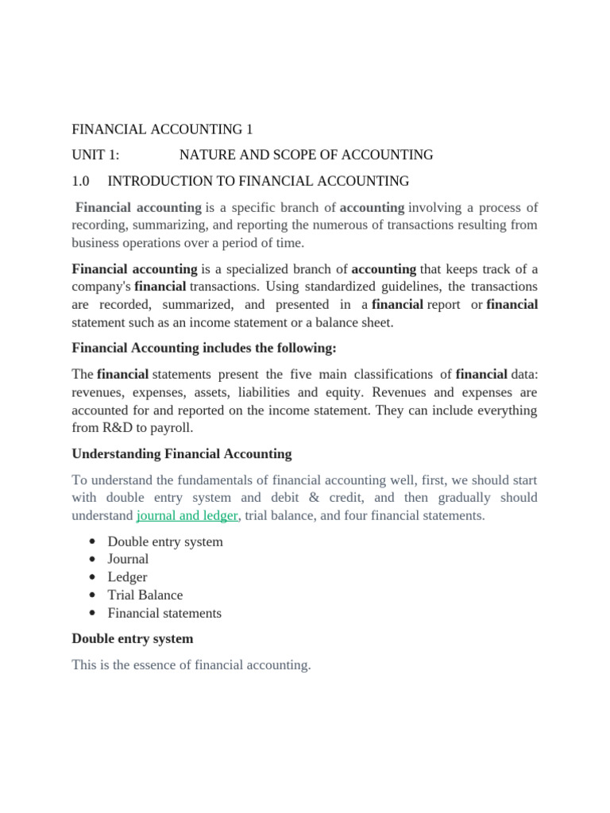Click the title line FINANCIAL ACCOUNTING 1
click(x=162, y=129)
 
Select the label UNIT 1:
click(x=95, y=155)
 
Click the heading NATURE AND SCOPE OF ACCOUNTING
click(x=306, y=155)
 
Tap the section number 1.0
click(x=82, y=181)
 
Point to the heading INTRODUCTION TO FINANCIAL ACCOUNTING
click(x=258, y=181)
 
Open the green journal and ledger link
click(x=187, y=515)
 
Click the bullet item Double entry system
click(x=165, y=541)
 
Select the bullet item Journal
click(x=128, y=559)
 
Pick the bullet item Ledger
click(x=127, y=577)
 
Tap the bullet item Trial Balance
click(x=145, y=595)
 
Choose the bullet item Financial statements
click(x=164, y=613)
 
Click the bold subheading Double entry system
click(x=132, y=638)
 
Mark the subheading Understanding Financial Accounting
click(x=181, y=454)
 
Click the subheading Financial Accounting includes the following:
click(x=204, y=349)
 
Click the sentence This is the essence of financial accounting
click(x=191, y=665)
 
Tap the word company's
click(x=101, y=287)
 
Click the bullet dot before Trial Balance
click(x=93, y=595)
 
